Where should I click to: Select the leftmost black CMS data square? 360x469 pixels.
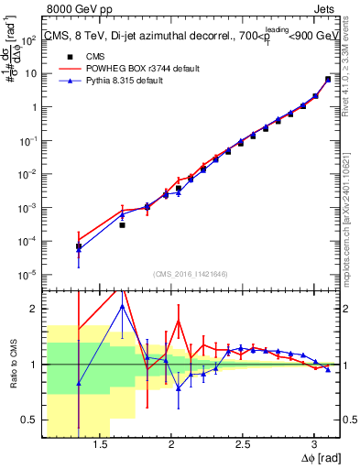tap(79, 246)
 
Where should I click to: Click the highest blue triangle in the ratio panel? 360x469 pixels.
tap(122, 306)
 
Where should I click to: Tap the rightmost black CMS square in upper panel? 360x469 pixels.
tap(328, 79)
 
